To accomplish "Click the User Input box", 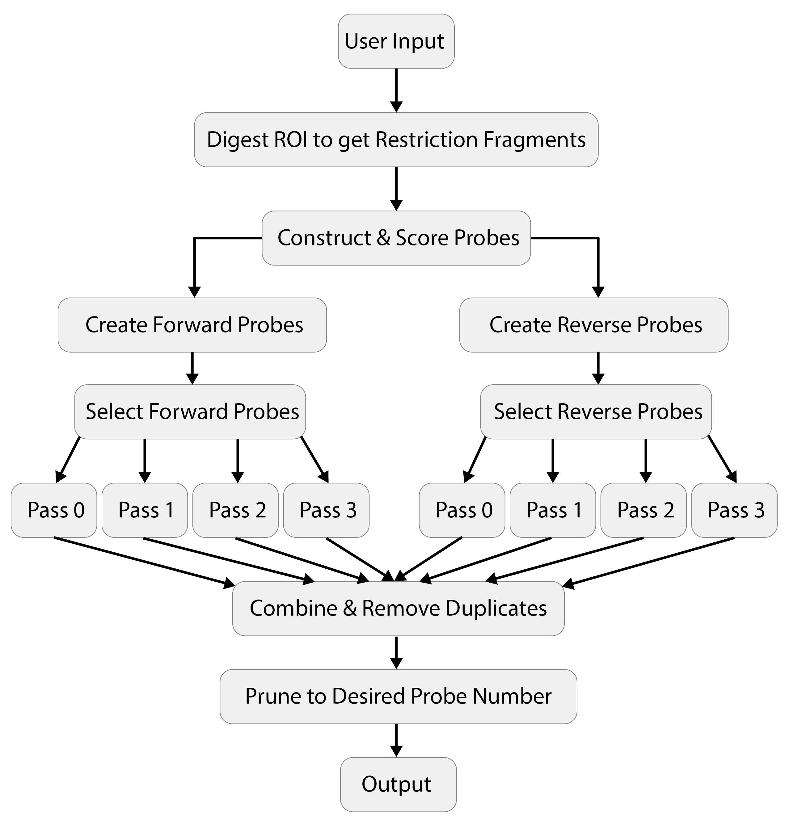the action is tap(396, 41).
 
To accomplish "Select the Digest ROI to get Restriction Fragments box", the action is tap(396, 140).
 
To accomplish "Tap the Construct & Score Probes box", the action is tap(396, 238).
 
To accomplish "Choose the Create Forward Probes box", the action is tap(192, 325).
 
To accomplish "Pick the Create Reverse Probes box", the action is tap(594, 325).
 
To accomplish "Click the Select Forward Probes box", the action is tap(190, 412).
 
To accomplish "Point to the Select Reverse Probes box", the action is tap(596, 412).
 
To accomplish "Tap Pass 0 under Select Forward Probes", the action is tap(54, 510).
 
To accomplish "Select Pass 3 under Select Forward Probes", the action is tap(326, 510).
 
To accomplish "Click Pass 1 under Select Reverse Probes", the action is tap(553, 510).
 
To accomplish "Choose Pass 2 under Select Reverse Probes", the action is tap(643, 510).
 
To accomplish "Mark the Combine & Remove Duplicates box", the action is tap(398, 608).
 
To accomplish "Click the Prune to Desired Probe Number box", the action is tap(398, 696).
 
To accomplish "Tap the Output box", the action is tap(398, 784).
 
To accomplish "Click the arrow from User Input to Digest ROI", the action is tap(396, 90).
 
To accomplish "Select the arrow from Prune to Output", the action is tap(396, 741).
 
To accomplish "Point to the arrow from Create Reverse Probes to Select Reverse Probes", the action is tap(598, 368).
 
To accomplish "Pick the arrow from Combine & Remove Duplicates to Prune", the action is tap(396, 652).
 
